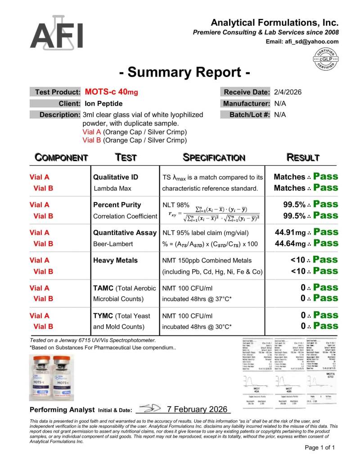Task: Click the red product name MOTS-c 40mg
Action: [x=111, y=92]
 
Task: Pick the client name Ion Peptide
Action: [x=104, y=103]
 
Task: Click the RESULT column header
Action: [x=303, y=158]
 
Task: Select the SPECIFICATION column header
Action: [x=214, y=158]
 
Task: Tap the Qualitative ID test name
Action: [x=116, y=177]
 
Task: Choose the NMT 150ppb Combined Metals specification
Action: [x=207, y=260]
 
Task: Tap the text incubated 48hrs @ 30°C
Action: [x=197, y=326]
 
